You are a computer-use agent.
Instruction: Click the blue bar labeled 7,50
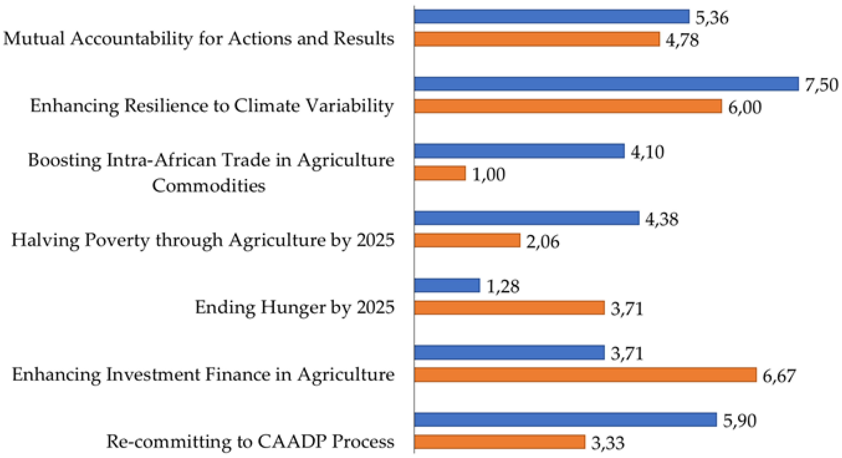coord(606,84)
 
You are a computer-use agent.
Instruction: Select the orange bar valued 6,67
coord(585,375)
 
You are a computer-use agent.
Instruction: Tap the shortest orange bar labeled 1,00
coord(440,174)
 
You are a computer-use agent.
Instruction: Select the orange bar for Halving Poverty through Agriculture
coord(467,240)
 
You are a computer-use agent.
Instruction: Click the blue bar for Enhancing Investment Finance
coord(509,353)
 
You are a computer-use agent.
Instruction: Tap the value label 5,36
coord(712,18)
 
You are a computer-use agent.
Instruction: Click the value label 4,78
coord(682,40)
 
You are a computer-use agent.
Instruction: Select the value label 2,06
coord(542,242)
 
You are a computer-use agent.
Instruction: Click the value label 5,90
coord(739,420)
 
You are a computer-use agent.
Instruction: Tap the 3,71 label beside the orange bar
coord(627,308)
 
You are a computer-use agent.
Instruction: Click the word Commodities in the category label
coord(209,186)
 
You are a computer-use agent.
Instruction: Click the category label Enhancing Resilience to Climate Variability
coord(212,106)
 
